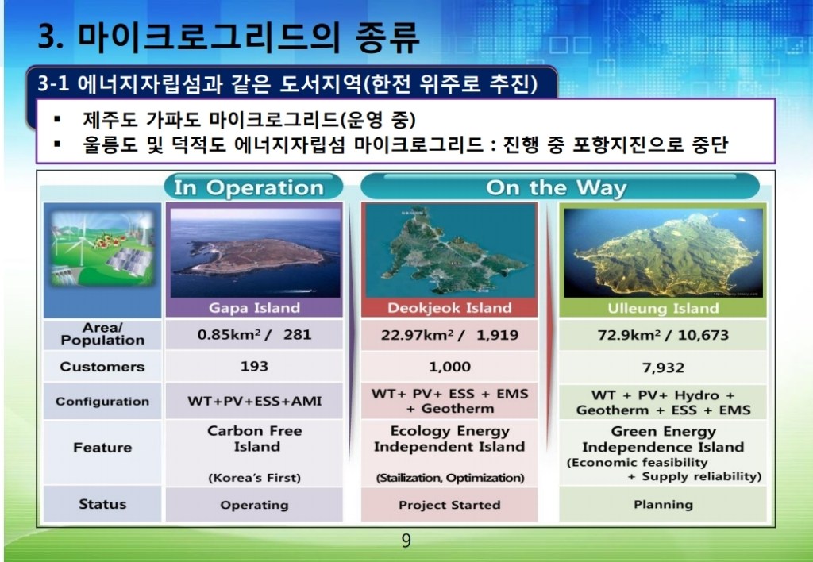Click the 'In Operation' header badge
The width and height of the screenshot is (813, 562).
pos(253,187)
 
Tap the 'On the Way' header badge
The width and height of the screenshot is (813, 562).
pos(560,187)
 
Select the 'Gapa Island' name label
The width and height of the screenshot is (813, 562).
pos(254,308)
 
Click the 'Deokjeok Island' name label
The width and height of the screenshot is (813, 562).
pos(449,308)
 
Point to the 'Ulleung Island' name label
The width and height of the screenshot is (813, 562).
pos(663,309)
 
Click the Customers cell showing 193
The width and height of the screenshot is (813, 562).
pos(254,367)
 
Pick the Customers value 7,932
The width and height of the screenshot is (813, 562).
pos(663,368)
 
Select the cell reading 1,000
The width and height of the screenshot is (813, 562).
pos(449,367)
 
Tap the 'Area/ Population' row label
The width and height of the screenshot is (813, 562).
pos(102,334)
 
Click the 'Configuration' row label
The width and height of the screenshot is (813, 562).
pos(102,402)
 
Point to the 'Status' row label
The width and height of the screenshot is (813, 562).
pos(102,504)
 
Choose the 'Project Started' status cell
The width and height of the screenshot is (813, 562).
pos(449,505)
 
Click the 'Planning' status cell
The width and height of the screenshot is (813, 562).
pos(663,505)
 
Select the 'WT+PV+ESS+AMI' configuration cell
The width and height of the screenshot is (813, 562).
pos(254,402)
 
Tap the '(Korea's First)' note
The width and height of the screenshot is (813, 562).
pos(254,478)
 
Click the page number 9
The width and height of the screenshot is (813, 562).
pos(406,541)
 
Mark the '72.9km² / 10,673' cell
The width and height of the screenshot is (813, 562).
pos(663,335)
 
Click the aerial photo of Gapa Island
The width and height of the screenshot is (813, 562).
pos(255,252)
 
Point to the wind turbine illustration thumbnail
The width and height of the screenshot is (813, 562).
pos(102,248)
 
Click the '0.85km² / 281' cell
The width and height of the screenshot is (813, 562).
pos(254,334)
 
